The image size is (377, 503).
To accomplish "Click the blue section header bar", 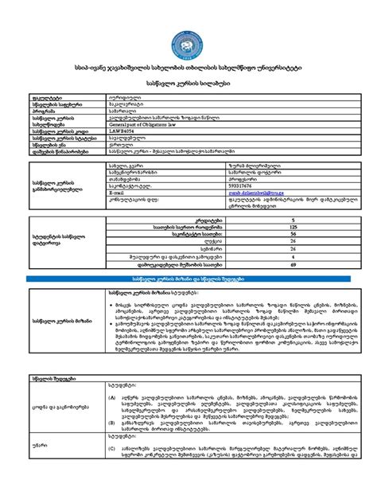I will click(188, 279).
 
